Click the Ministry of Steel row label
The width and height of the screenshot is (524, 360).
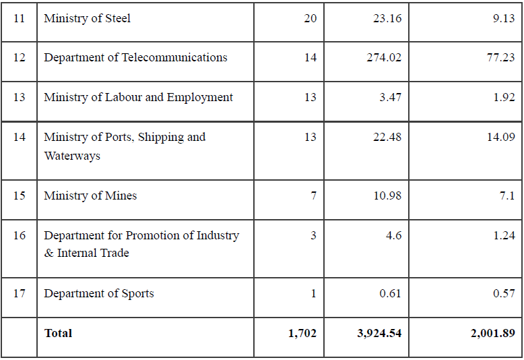coord(87,18)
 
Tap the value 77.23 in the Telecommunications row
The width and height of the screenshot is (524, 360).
coord(500,57)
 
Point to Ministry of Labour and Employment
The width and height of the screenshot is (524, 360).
coord(138,97)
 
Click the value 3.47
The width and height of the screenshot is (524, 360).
coord(390,97)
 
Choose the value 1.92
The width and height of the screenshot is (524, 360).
coord(504,97)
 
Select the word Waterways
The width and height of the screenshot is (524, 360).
coord(72,156)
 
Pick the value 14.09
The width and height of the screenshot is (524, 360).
coord(500,137)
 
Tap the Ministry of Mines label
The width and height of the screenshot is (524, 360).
coord(90,196)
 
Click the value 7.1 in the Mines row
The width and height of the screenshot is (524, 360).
coord(507,196)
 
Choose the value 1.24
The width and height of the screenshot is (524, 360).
coord(504,235)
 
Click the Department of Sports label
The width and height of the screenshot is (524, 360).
coord(98,293)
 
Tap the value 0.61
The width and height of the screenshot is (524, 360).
coord(390,293)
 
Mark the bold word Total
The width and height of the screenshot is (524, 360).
coord(58,333)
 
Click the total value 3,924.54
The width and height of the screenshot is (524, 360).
coord(379,333)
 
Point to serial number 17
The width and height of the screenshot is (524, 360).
coord(19,293)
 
